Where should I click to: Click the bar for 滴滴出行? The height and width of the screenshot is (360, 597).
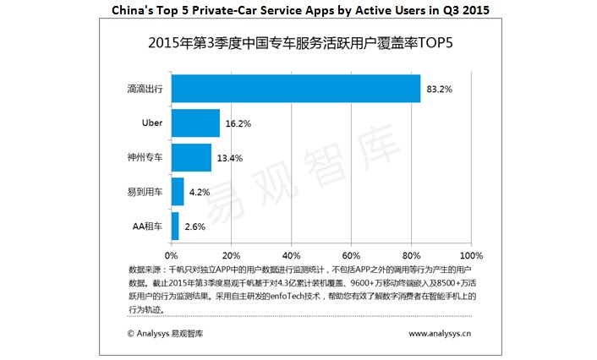click(x=296, y=89)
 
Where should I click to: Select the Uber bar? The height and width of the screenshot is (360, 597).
click(x=195, y=123)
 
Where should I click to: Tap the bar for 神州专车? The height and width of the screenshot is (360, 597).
click(x=191, y=157)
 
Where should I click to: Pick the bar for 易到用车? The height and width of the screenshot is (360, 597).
click(x=178, y=192)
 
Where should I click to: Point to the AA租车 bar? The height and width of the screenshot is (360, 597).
click(x=175, y=226)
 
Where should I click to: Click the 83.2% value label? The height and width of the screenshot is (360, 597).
click(x=441, y=89)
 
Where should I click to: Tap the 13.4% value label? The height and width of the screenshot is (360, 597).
click(x=231, y=157)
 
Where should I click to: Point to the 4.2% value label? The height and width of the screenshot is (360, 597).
click(x=200, y=193)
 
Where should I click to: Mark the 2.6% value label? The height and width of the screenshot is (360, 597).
click(x=195, y=226)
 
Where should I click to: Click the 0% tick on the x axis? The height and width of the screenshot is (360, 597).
click(x=172, y=254)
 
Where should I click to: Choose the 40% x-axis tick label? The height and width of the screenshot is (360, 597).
click(x=291, y=254)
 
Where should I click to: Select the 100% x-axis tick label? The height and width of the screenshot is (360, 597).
click(x=470, y=254)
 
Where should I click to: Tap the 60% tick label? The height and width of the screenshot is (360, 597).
click(x=351, y=254)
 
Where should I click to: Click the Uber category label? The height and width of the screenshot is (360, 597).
click(x=152, y=123)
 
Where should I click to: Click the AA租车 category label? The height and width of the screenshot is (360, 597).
click(x=146, y=226)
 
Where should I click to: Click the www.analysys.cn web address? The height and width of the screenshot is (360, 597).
click(x=441, y=334)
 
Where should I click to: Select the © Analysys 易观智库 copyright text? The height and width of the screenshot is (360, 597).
click(x=169, y=334)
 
